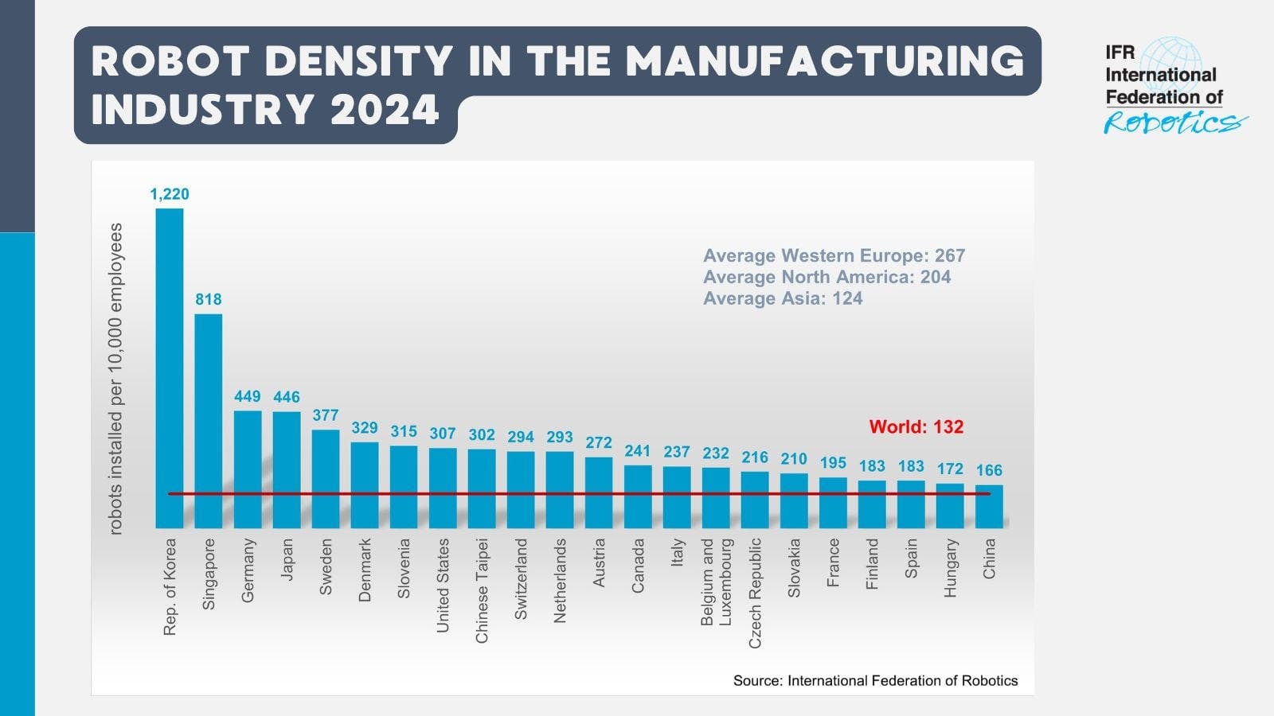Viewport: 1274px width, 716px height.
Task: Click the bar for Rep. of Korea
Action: (169, 366)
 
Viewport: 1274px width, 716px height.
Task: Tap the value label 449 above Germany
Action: (248, 396)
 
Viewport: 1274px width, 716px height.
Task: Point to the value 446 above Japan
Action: (287, 396)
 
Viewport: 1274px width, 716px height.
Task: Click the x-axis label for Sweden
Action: (326, 566)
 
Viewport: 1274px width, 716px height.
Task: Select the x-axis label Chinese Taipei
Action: (482, 590)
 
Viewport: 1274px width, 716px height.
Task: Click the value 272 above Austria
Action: (599, 442)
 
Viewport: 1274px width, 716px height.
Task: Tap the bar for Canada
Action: (638, 496)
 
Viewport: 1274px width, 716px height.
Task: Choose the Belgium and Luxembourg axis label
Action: (716, 582)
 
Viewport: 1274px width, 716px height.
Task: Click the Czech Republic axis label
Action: (755, 593)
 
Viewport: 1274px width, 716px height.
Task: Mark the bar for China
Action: (989, 507)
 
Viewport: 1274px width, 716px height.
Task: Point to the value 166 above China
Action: (989, 470)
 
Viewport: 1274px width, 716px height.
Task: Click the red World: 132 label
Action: (916, 427)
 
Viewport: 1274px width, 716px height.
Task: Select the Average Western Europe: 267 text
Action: (834, 256)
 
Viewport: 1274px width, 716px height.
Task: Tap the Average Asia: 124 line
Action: (783, 299)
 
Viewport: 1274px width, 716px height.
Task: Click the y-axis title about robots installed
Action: (116, 379)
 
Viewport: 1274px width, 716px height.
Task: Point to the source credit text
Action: (875, 681)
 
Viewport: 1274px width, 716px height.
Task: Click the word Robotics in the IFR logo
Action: (1170, 123)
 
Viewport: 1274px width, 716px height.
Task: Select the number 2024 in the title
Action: (385, 110)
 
